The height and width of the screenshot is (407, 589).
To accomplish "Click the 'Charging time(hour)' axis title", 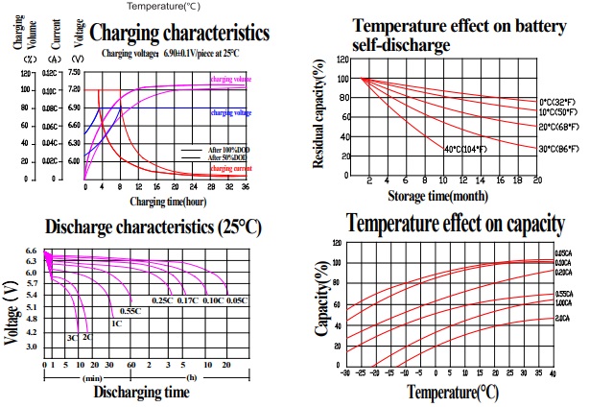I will (167, 202).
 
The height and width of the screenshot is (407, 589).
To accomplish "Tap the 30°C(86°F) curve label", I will (557, 149).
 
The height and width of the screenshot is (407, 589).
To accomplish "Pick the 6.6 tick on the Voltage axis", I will (31, 251).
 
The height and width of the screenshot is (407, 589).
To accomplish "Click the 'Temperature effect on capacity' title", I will (456, 225).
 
